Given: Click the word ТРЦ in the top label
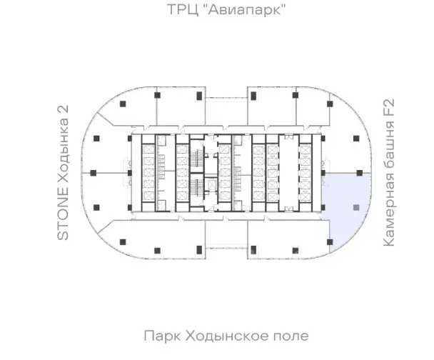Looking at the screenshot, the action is pos(183,10).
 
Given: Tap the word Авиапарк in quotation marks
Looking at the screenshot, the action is pos(247,9).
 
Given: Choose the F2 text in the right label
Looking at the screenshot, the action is pos(388,107).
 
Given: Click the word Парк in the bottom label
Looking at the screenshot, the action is pos(163,336).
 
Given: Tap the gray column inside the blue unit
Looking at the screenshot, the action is pos(356,207).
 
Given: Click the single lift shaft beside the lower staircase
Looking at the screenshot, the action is pos(211,185).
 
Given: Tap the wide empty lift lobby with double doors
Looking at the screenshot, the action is pos(288,173).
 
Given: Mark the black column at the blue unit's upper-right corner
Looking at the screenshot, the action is pos(359,173).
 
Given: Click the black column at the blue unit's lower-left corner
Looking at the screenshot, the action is pos(330,242).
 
